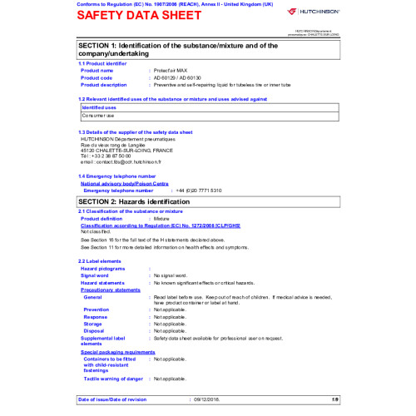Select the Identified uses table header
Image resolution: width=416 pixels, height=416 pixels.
pos(99,107)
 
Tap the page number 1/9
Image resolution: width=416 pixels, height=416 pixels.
pos(335,400)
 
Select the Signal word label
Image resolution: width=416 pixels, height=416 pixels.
pos(97,275)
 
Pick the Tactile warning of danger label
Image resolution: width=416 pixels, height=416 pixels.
pos(112,379)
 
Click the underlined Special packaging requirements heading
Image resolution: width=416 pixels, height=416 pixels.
pos(117,352)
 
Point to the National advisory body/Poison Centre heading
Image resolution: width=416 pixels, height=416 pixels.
pos(129,183)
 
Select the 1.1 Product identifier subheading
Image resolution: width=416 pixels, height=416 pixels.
pos(102,63)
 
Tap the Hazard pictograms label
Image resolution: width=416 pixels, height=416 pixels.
pos(103,269)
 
